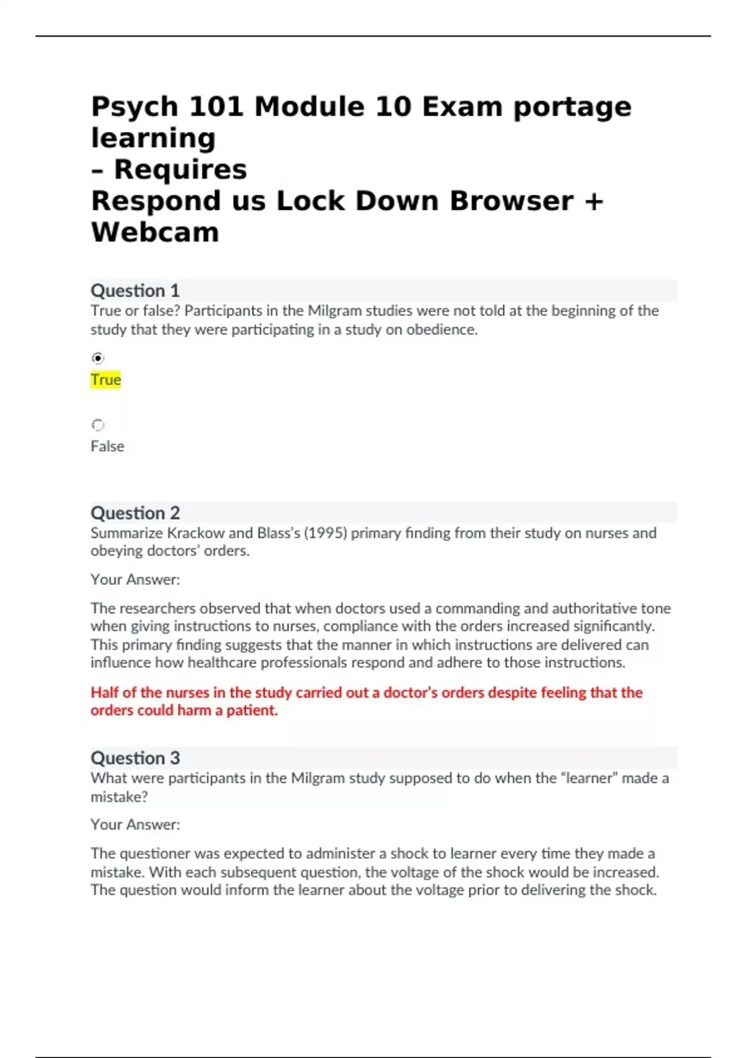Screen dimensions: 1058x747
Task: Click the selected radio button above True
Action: (x=98, y=358)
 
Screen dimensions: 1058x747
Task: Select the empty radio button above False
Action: (x=98, y=425)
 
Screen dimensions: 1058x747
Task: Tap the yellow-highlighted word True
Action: (x=106, y=380)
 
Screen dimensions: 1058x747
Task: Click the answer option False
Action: (x=107, y=446)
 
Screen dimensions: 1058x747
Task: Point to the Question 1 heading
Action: (x=135, y=291)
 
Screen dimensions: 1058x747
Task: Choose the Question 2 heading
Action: (x=135, y=513)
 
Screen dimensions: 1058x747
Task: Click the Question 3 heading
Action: (x=135, y=758)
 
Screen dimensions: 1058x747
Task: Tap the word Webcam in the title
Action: (x=155, y=232)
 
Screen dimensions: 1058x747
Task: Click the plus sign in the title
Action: (x=594, y=201)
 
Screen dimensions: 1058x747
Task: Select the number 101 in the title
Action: (x=216, y=106)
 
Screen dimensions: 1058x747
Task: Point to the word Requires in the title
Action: (x=181, y=169)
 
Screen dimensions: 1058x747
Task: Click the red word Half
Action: (x=105, y=693)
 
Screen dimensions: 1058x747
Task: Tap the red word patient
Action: (x=251, y=711)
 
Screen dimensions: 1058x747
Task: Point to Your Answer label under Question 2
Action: (x=135, y=579)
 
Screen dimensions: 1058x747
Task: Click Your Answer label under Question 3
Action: (x=135, y=825)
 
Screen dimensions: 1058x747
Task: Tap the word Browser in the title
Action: (x=511, y=201)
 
